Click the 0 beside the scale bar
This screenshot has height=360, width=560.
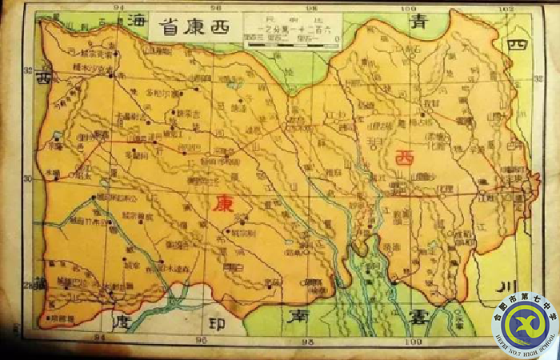(335, 38)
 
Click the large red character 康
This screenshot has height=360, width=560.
(223, 203)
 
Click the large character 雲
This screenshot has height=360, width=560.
(418, 316)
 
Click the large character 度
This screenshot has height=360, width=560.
(121, 322)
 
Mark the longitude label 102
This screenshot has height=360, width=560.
(505, 8)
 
